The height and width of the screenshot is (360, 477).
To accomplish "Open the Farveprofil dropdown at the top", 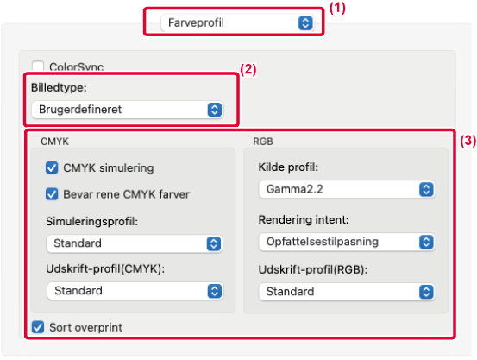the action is click(x=237, y=22).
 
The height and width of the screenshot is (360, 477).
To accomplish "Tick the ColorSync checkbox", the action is click(x=38, y=66).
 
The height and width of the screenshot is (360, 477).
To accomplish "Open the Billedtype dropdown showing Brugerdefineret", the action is click(x=128, y=110).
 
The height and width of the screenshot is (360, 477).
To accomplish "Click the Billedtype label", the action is click(x=59, y=88).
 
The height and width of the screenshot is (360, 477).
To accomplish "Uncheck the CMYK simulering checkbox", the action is click(x=52, y=167).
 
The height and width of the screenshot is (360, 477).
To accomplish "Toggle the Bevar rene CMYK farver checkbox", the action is click(x=52, y=194).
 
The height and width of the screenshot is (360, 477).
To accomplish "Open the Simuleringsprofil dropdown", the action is click(x=135, y=243).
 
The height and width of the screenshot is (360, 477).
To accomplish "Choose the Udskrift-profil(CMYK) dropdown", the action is click(x=135, y=291).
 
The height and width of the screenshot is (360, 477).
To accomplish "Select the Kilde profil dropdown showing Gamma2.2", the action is click(x=347, y=189).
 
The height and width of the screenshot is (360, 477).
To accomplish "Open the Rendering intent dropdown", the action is click(x=347, y=242).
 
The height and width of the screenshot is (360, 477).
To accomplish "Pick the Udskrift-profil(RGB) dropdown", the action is click(x=347, y=292).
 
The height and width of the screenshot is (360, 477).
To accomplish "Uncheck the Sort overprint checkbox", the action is click(x=38, y=327).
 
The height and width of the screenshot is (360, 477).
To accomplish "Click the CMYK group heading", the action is click(x=54, y=142).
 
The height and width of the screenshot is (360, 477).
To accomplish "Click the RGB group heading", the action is click(x=263, y=142).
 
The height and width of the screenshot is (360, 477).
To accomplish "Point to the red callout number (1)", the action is click(x=337, y=9).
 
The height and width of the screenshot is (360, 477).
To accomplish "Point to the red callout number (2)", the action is click(x=248, y=70).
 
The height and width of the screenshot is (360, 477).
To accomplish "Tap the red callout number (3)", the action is click(x=468, y=141).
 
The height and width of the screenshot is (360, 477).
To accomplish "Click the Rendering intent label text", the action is click(x=304, y=219).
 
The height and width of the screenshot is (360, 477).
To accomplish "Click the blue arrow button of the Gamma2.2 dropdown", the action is click(x=426, y=189).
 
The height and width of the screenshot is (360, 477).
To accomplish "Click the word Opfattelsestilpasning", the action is click(x=323, y=242).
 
